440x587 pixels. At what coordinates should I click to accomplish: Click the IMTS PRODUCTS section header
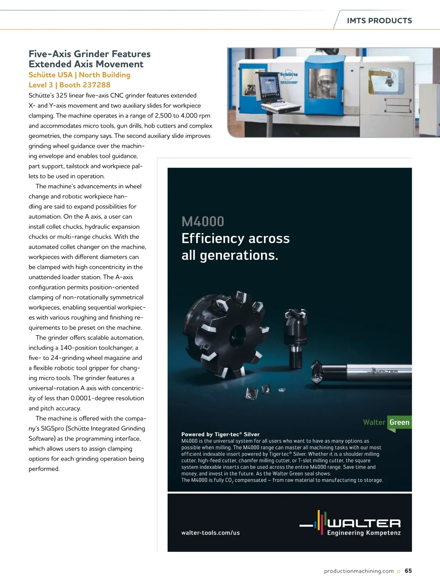coord(379,21)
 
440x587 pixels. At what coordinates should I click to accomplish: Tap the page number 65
coord(408,571)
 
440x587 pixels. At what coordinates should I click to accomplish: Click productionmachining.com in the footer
coord(359,571)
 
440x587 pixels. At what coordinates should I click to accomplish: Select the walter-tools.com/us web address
coord(210,533)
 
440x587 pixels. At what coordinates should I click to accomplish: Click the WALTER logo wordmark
coord(364,523)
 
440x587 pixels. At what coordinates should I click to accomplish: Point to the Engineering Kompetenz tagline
coord(364,533)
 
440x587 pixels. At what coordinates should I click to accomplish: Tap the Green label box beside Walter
coord(399,422)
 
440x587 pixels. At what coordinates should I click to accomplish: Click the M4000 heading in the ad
coord(203,222)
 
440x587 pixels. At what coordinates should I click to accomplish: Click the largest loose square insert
coord(252,393)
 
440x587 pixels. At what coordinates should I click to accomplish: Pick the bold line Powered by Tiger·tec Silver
coord(220,434)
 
